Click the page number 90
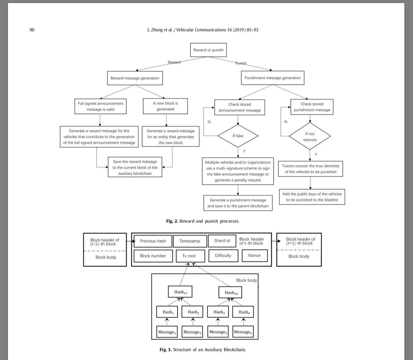coord(32,30)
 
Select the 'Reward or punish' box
coord(208,50)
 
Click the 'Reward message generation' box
coord(135,78)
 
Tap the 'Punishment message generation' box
coord(273,78)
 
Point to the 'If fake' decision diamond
coord(238,136)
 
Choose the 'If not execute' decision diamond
coord(310,137)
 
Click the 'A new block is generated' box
coord(166,106)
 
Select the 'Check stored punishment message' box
coord(312,107)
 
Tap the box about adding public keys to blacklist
coord(312,197)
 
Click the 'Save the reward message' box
coord(135,167)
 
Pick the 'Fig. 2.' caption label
coord(172,221)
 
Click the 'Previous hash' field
coord(153,241)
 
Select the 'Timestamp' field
coord(190,241)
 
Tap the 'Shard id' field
coord(222,241)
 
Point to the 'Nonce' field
coord(254,255)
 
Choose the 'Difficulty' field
coord(223,255)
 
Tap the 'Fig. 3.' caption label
coord(166,350)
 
